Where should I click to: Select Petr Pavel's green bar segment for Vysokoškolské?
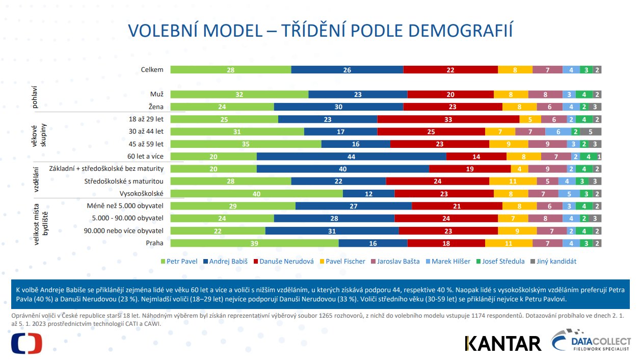[256, 194]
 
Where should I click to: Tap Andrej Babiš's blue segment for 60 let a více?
[351, 157]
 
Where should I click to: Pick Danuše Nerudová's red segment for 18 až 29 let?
[448, 119]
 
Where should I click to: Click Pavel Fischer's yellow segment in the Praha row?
[508, 243]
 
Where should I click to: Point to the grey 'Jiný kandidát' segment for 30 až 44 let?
[591, 132]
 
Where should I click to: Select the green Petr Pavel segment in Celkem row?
[230, 70]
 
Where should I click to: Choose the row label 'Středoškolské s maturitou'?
[123, 182]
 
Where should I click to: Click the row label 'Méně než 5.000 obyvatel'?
[124, 206]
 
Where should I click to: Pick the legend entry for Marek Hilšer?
[450, 262]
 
